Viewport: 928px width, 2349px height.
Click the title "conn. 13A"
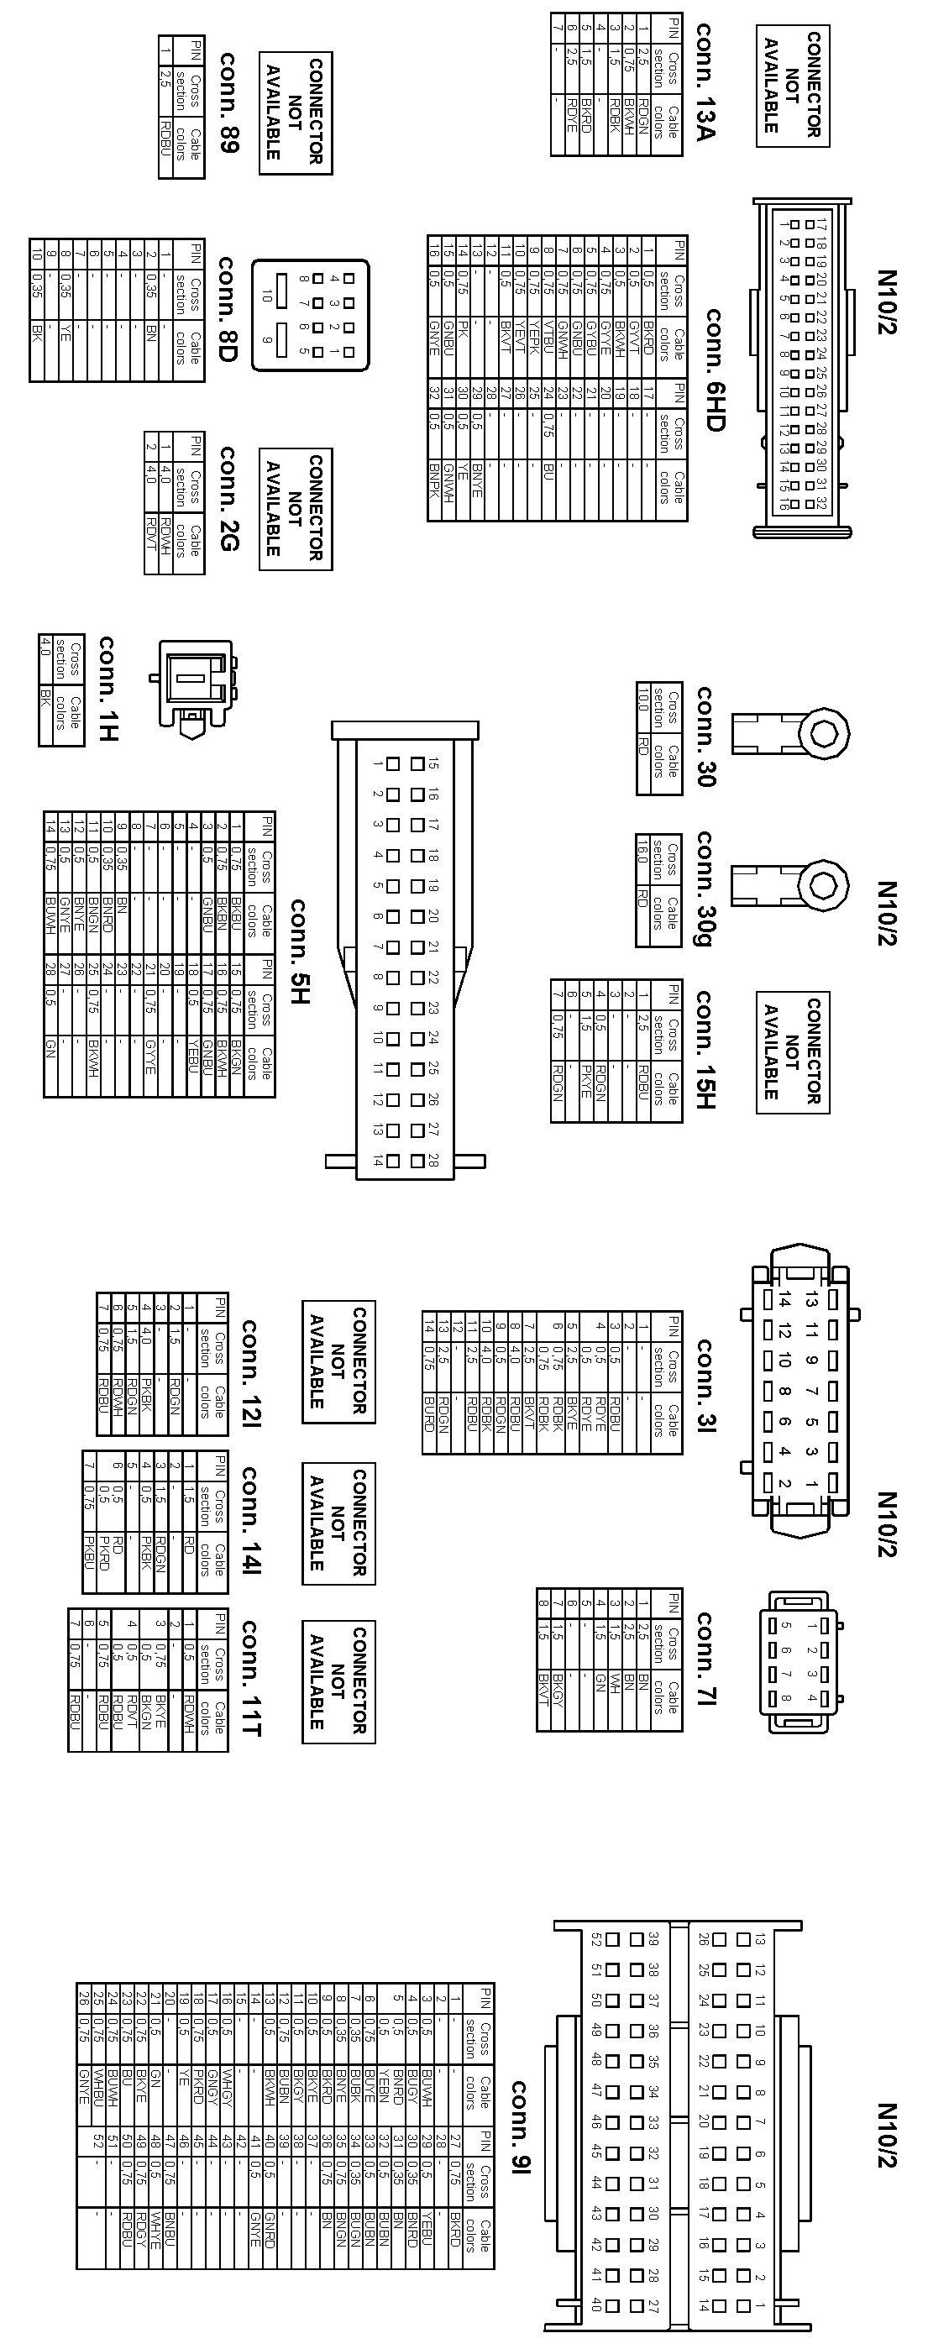tap(705, 82)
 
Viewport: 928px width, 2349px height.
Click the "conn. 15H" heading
tap(705, 1049)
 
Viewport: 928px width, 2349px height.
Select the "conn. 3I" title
tap(706, 1386)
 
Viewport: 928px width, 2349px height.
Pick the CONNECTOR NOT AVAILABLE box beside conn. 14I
tap(338, 1523)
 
